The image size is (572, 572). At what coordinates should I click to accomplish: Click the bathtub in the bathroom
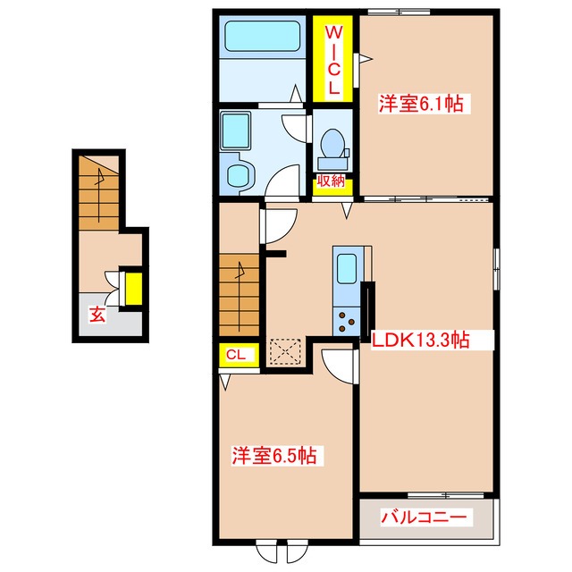tap(262, 36)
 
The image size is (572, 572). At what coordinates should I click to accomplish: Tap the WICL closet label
tap(333, 60)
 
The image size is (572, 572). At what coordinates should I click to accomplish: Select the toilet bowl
tap(332, 149)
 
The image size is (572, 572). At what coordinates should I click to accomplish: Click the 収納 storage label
tap(331, 181)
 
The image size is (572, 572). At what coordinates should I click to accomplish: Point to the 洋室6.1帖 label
tap(421, 104)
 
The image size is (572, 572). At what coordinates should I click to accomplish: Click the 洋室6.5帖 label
tap(274, 455)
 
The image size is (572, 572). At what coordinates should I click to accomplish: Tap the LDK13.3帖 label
tap(420, 341)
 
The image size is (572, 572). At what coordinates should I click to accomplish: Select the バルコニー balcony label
tap(424, 517)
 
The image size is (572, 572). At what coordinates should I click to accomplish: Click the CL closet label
tap(236, 354)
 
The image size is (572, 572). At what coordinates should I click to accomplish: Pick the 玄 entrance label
tap(97, 315)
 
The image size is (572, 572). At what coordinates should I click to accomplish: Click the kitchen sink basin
tap(347, 268)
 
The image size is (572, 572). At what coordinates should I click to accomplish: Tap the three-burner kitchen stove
tap(347, 321)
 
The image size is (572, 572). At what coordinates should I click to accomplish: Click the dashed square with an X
tap(285, 351)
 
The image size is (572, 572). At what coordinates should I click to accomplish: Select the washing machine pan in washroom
tap(236, 131)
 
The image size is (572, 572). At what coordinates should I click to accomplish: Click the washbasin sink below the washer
tap(238, 174)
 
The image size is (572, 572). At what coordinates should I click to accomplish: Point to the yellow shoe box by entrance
tap(134, 289)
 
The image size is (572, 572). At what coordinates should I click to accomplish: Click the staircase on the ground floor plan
tap(99, 193)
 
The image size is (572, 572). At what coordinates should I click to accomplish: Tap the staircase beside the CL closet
tap(239, 295)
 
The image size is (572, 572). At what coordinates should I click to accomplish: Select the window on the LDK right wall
tap(496, 269)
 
